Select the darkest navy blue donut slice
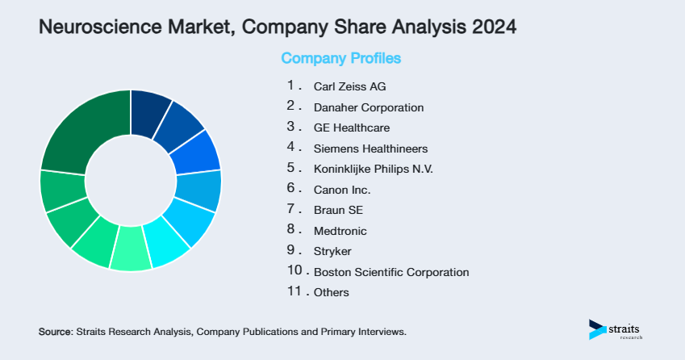(x=150, y=107)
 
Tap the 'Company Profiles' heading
(x=340, y=59)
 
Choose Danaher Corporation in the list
(x=368, y=107)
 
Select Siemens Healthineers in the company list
(x=370, y=149)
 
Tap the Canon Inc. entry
(x=342, y=190)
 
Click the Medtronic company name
(x=340, y=231)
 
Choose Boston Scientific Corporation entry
(x=391, y=272)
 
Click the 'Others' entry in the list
(x=331, y=292)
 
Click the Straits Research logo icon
(x=598, y=329)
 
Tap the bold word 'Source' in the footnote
(x=55, y=332)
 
